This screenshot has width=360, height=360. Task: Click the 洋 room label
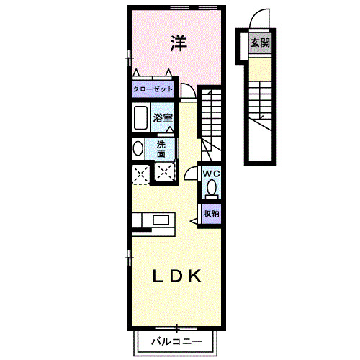178,43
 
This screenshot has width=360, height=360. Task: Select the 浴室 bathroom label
162,117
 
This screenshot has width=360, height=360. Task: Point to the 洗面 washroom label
161,148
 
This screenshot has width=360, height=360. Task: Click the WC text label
210,174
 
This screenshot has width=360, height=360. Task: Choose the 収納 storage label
210,213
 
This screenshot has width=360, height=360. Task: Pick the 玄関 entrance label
260,43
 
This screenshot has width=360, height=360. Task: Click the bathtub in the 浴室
141,117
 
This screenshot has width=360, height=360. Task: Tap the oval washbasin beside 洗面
138,149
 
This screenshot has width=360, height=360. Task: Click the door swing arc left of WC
191,173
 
